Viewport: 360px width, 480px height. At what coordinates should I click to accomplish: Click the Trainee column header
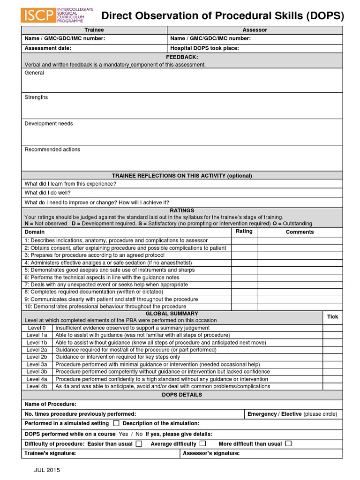tap(94, 30)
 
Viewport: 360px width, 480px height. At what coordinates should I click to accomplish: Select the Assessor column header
tap(255, 30)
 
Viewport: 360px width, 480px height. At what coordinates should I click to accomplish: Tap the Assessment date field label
tap(48, 48)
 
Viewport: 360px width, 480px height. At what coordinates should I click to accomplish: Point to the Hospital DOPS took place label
tap(205, 48)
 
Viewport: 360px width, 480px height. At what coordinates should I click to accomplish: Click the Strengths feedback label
tap(36, 97)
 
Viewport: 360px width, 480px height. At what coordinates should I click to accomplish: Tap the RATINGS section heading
tap(182, 211)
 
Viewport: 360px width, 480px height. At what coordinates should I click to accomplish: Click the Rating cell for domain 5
tap(244, 270)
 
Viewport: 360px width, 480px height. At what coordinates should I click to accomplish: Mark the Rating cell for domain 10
tap(244, 307)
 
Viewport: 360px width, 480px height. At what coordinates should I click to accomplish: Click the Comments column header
tap(300, 232)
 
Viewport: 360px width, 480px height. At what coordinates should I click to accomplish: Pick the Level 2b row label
tap(37, 357)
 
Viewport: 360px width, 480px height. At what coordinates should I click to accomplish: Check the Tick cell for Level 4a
tap(332, 379)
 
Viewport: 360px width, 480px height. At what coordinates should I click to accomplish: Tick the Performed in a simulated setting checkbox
tap(116, 423)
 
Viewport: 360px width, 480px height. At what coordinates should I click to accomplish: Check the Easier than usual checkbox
tap(139, 443)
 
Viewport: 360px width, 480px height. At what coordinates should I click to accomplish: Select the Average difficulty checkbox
tap(202, 443)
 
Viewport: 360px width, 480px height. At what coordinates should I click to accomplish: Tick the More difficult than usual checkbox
tap(288, 443)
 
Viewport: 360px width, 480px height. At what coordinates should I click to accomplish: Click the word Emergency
tap(262, 414)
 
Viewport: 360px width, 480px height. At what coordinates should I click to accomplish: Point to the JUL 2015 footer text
tap(46, 470)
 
